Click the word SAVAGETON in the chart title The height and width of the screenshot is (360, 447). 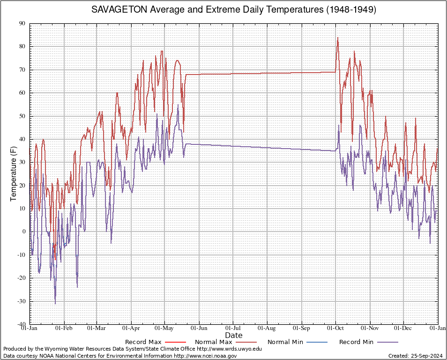[x=119, y=10]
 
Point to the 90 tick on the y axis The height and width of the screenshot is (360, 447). [x=22, y=24]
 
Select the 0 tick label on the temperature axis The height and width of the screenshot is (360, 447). [x=24, y=232]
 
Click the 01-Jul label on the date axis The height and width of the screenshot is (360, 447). [x=233, y=328]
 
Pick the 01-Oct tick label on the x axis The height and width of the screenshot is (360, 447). [x=335, y=328]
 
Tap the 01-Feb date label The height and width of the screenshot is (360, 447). [x=64, y=328]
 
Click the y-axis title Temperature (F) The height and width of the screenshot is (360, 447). [x=14, y=174]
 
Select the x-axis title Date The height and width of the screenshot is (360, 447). [x=234, y=336]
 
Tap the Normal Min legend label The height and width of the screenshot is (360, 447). [x=285, y=342]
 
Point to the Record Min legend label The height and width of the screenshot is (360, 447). [x=357, y=342]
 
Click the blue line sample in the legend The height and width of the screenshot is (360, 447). [x=317, y=342]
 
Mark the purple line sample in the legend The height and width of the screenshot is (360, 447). [x=387, y=342]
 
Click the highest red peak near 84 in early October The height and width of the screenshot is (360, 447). [x=338, y=37]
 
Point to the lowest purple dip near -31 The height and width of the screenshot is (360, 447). [x=55, y=304]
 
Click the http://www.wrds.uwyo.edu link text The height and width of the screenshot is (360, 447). [x=229, y=349]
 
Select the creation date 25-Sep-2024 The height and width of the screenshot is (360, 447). [x=427, y=356]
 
